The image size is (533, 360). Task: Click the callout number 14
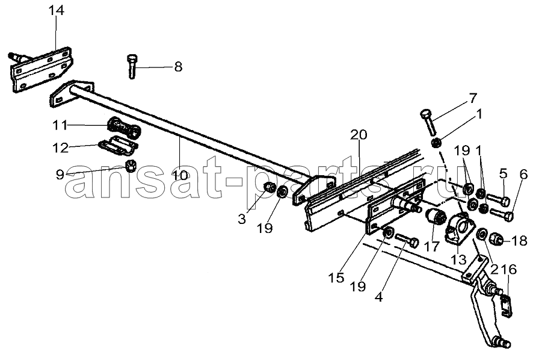(x=56, y=11)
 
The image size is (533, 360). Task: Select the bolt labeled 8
(x=132, y=66)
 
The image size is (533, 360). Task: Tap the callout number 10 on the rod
(x=180, y=176)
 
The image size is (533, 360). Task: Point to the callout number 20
(x=359, y=135)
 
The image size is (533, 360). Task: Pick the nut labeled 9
(x=130, y=166)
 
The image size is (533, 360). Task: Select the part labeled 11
(x=124, y=129)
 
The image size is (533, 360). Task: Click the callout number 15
(x=336, y=278)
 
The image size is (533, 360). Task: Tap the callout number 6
(x=523, y=174)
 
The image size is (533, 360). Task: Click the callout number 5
(x=504, y=173)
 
